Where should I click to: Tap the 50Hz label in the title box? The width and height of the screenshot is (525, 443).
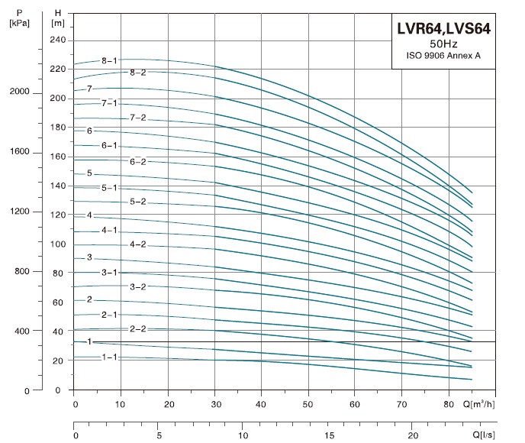443,44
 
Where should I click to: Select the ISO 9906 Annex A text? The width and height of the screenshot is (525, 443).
443,55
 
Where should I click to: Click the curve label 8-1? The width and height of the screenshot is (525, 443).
109,60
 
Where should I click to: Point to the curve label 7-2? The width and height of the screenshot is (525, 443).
138,118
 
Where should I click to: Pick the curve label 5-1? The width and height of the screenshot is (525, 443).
109,187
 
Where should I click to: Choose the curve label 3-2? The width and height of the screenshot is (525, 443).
138,286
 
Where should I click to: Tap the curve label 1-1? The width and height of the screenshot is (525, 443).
109,357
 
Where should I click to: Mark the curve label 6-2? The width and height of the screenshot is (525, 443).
138,161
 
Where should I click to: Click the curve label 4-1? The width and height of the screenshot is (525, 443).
109,230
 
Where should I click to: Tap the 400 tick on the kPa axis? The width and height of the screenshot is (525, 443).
21,331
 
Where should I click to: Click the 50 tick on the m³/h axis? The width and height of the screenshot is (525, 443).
308,403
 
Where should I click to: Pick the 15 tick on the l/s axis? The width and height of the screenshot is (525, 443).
328,435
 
